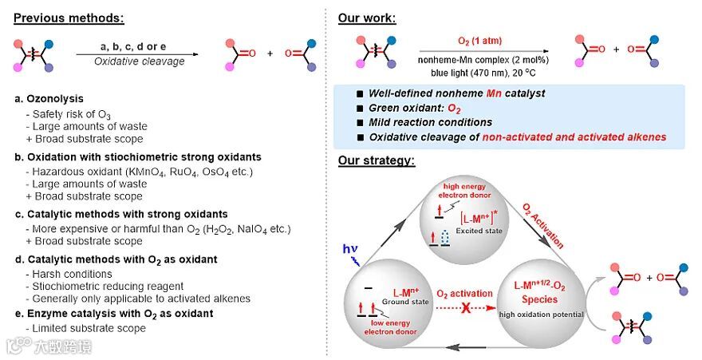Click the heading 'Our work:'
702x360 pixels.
click(369, 18)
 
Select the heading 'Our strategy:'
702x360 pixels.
click(377, 160)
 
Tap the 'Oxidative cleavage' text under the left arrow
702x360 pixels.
click(139, 61)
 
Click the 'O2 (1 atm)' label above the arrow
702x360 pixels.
click(483, 40)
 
